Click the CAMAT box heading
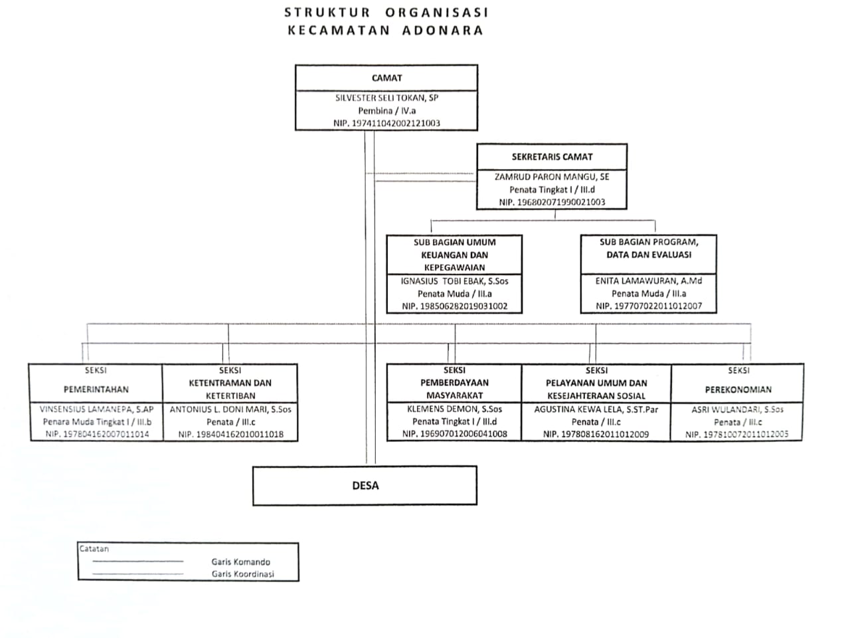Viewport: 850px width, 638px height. [386, 78]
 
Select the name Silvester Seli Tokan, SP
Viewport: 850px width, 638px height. [386, 98]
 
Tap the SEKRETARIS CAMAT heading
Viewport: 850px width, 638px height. [552, 157]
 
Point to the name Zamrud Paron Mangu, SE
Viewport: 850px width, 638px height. [552, 177]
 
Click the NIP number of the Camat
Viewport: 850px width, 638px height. [386, 123]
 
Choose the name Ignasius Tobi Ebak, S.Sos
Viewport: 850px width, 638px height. [454, 281]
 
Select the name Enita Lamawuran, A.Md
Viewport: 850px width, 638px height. [648, 281]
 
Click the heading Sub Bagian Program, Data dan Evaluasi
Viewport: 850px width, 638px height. [648, 249]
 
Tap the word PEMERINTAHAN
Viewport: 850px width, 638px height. [96, 389]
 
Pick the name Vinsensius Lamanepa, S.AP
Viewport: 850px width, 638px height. [96, 409]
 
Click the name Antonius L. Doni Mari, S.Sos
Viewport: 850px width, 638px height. [230, 409]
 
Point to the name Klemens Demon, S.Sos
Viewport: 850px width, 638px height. [454, 409]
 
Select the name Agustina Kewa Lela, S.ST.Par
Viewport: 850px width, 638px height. [596, 409]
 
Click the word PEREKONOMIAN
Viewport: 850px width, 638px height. [738, 389]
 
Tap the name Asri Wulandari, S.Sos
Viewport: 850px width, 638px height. [738, 409]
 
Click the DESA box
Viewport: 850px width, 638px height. [365, 486]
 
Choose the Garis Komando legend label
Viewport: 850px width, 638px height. [241, 562]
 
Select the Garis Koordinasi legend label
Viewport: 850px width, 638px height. [243, 574]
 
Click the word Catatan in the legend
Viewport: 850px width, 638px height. [94, 549]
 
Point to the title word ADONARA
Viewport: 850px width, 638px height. [442, 30]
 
